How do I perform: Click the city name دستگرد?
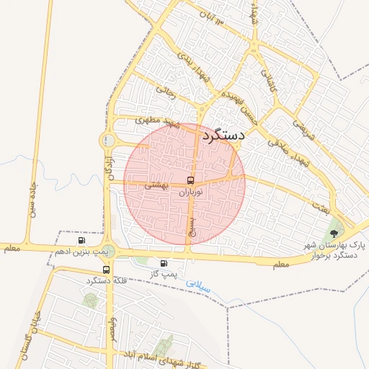(x=224, y=135)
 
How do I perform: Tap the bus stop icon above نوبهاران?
(x=190, y=180)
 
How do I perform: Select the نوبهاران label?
(x=190, y=192)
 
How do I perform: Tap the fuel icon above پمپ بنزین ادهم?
(x=79, y=241)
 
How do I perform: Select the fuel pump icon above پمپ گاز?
(x=164, y=263)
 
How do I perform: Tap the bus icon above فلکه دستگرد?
(x=107, y=270)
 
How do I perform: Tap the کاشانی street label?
(x=267, y=80)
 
